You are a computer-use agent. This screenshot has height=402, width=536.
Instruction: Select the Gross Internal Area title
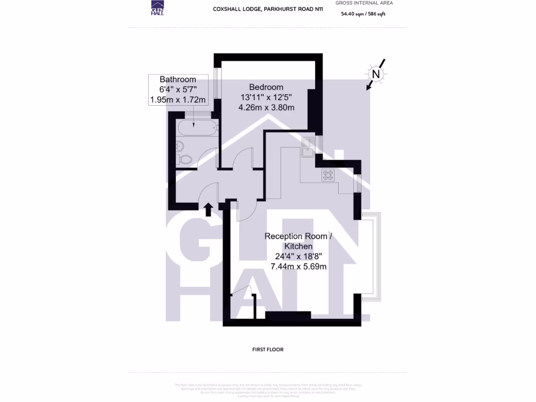pyautogui.click(x=364, y=3)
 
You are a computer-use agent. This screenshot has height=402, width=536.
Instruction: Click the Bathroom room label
pyautogui.click(x=178, y=79)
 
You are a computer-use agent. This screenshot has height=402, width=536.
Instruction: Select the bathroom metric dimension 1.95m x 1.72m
pyautogui.click(x=178, y=99)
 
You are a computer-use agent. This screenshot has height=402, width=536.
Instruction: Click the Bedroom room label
pyautogui.click(x=266, y=87)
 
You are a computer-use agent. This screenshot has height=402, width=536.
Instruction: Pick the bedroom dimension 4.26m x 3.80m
pyautogui.click(x=266, y=108)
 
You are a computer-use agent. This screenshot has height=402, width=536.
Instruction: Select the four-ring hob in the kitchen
pyautogui.click(x=328, y=175)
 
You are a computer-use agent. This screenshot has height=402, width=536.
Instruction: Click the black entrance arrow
pyautogui.click(x=208, y=209)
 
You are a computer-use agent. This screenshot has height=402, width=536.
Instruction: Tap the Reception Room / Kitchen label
pyautogui.click(x=298, y=241)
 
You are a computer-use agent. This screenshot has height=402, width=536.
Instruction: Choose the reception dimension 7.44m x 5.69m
pyautogui.click(x=298, y=266)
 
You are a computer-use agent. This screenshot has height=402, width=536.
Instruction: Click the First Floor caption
pyautogui.click(x=267, y=349)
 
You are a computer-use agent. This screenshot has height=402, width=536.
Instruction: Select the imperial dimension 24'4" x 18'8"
pyautogui.click(x=298, y=256)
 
